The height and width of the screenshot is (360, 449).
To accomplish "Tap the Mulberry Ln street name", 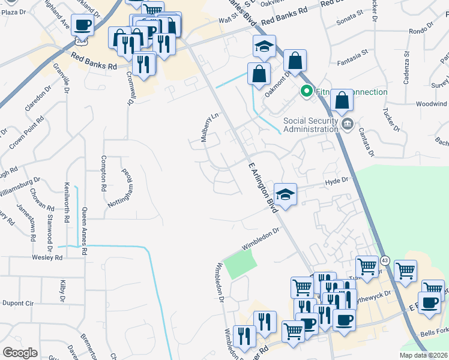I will (208, 128).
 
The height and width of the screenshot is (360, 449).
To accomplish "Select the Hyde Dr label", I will (336, 181).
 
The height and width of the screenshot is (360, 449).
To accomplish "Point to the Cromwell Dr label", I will (129, 89).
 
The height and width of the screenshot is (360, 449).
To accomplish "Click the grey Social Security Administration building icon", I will (348, 124).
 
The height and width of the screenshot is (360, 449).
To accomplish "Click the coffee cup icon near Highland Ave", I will (83, 25).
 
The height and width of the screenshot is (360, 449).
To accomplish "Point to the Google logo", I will (20, 353).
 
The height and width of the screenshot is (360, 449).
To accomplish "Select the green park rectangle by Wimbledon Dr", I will (240, 263).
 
